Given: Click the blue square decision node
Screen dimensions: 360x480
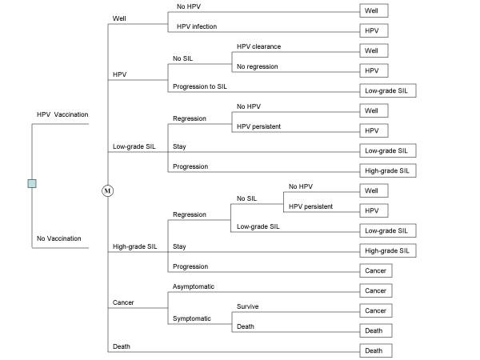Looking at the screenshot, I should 32,183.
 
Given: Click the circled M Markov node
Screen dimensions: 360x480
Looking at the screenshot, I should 107,190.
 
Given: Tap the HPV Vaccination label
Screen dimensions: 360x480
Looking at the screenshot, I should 62,114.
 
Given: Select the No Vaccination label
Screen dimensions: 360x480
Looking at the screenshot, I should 58,238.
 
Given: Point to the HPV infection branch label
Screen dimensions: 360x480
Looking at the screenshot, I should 197,26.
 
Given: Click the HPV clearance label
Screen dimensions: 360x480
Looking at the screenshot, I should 259,46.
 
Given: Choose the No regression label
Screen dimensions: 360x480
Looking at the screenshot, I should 258,66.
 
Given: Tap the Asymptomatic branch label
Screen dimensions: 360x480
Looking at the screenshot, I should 194,286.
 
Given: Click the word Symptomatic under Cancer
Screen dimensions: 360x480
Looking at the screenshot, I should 192,318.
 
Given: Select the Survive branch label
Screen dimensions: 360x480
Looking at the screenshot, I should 248,306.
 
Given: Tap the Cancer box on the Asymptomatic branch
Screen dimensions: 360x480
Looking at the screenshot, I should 376,290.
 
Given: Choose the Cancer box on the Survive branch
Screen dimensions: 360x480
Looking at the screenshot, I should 376,310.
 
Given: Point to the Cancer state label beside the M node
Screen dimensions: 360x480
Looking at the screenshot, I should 123,302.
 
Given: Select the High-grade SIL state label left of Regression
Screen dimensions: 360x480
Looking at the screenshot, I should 135,246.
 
